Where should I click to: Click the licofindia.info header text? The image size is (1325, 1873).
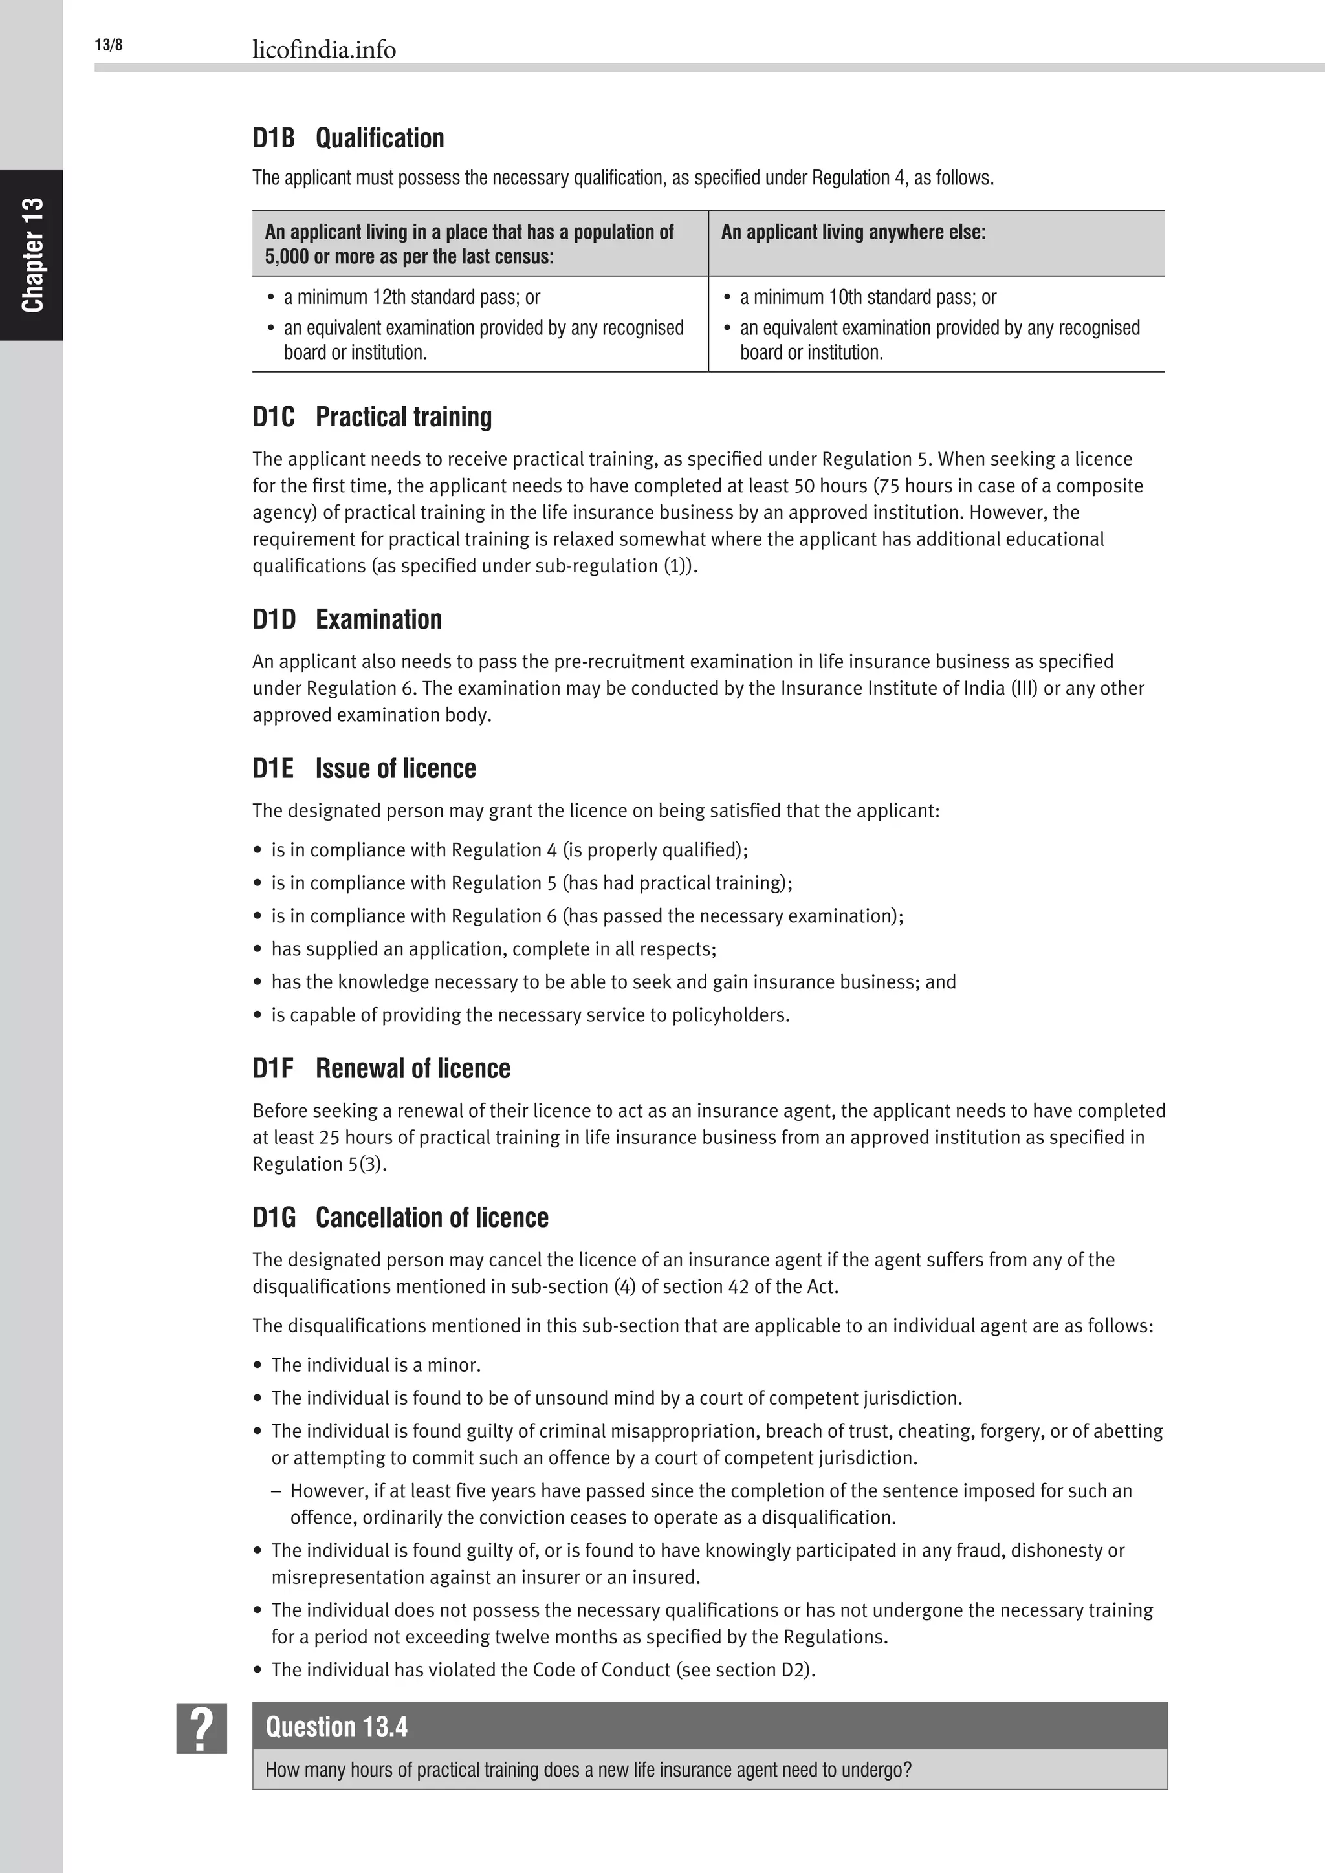point(324,50)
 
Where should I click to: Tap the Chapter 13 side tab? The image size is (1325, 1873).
point(32,255)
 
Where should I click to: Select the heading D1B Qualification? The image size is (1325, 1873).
point(348,138)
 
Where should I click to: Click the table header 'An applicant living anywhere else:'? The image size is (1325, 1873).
point(853,232)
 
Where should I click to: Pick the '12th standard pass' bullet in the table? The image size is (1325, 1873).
point(411,297)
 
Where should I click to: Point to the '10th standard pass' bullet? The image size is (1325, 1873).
point(868,297)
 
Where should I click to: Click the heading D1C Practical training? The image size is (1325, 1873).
point(372,417)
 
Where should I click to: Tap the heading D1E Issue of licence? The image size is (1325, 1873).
point(364,768)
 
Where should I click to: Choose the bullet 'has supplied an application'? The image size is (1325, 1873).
point(494,949)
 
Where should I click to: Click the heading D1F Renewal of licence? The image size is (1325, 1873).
point(381,1068)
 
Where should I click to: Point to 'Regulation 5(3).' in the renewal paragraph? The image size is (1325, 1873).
point(319,1164)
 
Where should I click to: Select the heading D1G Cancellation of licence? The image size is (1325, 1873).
point(400,1218)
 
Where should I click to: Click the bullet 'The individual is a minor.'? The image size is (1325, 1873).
point(375,1365)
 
